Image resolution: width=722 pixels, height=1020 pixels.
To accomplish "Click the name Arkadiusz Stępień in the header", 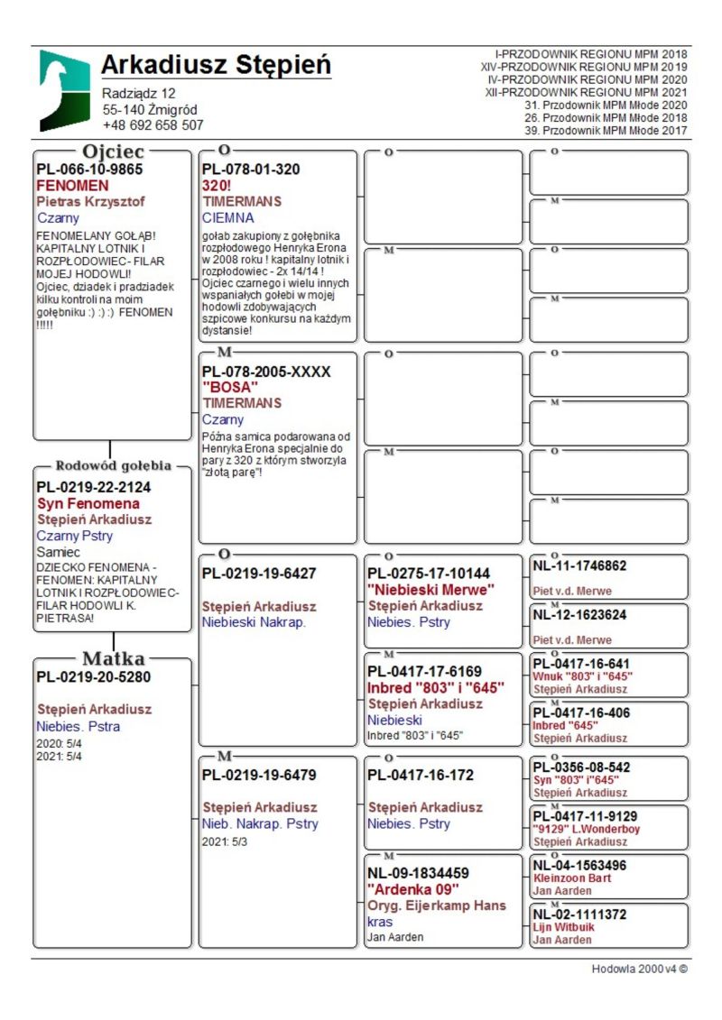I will pyautogui.click(x=216, y=66).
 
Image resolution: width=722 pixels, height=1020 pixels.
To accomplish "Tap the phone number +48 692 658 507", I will pyautogui.click(x=153, y=125).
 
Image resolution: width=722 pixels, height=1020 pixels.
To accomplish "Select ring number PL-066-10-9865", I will pyautogui.click(x=89, y=169).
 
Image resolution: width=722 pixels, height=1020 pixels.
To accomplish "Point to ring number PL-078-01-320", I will pyautogui.click(x=251, y=169).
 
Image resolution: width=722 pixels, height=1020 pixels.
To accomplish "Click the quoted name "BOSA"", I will pyautogui.click(x=224, y=387).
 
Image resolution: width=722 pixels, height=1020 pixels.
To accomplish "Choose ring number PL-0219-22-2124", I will pyautogui.click(x=93, y=487).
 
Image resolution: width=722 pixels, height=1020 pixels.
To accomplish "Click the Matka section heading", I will pyautogui.click(x=113, y=657).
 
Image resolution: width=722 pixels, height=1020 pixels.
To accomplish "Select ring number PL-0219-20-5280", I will pyautogui.click(x=93, y=676).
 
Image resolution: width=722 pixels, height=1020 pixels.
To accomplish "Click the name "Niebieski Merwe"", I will pyautogui.click(x=430, y=590).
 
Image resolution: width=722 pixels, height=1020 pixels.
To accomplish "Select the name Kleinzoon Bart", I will pyautogui.click(x=571, y=878).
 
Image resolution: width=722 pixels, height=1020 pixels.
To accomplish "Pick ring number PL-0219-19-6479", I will pyautogui.click(x=259, y=775).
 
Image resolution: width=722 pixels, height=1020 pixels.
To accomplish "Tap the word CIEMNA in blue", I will pyautogui.click(x=227, y=217).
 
